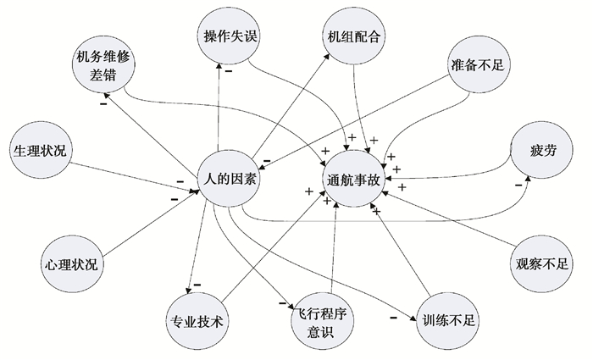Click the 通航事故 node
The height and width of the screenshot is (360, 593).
point(355,180)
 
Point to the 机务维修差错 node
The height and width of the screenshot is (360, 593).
point(105,67)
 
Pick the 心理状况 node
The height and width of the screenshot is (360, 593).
point(71,264)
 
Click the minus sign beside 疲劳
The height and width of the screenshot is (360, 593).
point(518,185)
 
